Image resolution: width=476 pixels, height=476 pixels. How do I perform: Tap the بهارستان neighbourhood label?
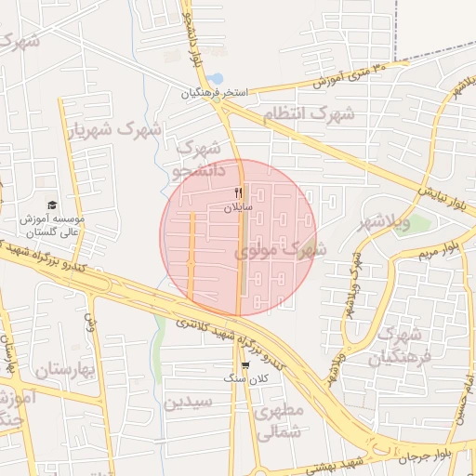coord(66,370)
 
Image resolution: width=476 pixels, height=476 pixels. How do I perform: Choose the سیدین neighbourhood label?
coord(189,402)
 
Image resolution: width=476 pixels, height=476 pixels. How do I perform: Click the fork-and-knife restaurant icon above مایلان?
coord(239,192)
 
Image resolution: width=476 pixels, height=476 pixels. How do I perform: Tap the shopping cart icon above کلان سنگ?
coord(245,365)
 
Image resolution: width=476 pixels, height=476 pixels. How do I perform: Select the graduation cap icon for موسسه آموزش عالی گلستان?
coord(52,205)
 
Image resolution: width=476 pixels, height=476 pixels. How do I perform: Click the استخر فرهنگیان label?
coord(217,93)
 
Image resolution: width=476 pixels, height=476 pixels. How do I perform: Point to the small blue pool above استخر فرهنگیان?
coord(215,78)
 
